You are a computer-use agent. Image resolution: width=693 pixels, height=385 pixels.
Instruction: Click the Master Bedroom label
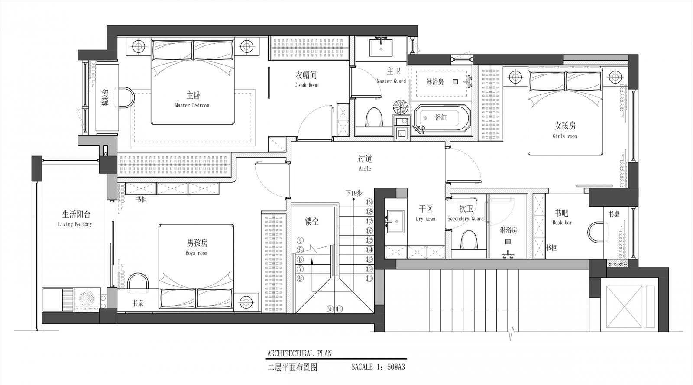(x=192, y=105)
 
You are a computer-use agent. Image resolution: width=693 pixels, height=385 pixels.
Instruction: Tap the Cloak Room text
(x=306, y=85)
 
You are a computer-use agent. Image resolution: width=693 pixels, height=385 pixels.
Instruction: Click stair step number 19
(x=369, y=202)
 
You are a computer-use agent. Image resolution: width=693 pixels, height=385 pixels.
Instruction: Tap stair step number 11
(x=369, y=278)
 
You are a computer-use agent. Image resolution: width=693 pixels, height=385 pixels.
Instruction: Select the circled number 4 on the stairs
(x=300, y=240)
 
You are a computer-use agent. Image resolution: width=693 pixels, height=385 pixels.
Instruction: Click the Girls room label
(x=565, y=136)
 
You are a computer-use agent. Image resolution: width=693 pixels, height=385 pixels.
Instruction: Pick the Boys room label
(x=197, y=253)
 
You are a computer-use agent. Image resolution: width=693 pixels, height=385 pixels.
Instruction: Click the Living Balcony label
(x=75, y=224)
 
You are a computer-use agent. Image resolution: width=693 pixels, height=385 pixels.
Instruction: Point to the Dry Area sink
(x=395, y=221)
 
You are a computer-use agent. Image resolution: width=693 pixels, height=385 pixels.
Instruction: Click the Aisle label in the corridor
(x=365, y=169)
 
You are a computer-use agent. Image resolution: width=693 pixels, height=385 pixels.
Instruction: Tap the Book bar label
(x=562, y=223)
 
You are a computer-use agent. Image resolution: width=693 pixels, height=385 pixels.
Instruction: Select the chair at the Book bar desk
(x=596, y=232)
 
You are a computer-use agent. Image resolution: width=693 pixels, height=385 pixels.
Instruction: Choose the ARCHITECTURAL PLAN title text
(x=299, y=353)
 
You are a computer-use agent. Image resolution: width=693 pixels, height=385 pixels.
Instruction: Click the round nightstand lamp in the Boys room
(x=246, y=302)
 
